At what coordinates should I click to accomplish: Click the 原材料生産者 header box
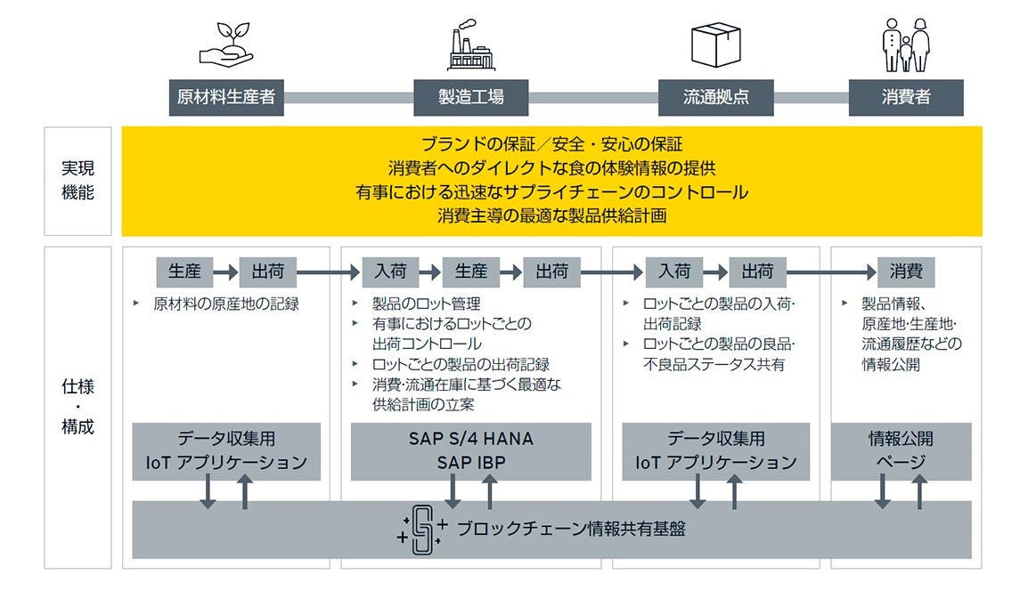pyautogui.click(x=226, y=98)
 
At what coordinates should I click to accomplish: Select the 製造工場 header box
pyautogui.click(x=471, y=98)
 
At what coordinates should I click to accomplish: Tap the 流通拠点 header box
pyautogui.click(x=715, y=98)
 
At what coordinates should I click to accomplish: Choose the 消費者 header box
pyautogui.click(x=906, y=98)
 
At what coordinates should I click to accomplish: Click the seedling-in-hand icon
pyautogui.click(x=226, y=47)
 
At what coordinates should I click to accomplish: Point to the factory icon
pyautogui.click(x=471, y=47)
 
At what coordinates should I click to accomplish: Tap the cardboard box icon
pyautogui.click(x=715, y=45)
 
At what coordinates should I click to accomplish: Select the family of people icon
pyautogui.click(x=906, y=46)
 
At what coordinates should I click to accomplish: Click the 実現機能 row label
pyautogui.click(x=77, y=181)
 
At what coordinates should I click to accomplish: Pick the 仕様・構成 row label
pyautogui.click(x=77, y=407)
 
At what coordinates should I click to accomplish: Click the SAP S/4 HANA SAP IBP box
pyautogui.click(x=471, y=451)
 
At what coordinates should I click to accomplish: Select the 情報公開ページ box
pyautogui.click(x=901, y=451)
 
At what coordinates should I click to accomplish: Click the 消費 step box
pyautogui.click(x=906, y=271)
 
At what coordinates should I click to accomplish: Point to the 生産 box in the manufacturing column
pyautogui.click(x=471, y=271)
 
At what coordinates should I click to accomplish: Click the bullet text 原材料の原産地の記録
pyautogui.click(x=225, y=304)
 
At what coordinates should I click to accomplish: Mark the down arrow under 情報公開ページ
pyautogui.click(x=882, y=491)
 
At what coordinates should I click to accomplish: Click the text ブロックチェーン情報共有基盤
pyautogui.click(x=571, y=530)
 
